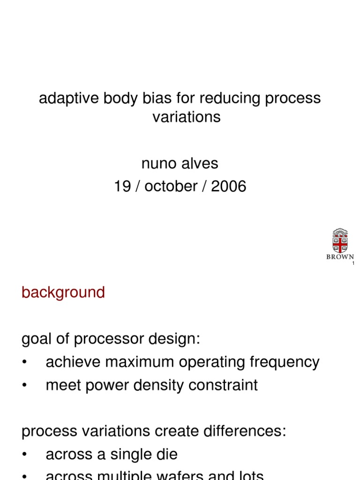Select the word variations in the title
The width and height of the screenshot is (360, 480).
[x=186, y=117]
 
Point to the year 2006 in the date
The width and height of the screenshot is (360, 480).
[x=228, y=186]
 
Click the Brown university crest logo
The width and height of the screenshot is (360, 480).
[x=340, y=241]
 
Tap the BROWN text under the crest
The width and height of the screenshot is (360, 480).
[x=340, y=257]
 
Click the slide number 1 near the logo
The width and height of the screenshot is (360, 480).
[x=353, y=264]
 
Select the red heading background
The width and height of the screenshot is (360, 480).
[x=63, y=292]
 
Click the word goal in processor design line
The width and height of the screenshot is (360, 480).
[x=37, y=339]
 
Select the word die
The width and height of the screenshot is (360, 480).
[x=166, y=454]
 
